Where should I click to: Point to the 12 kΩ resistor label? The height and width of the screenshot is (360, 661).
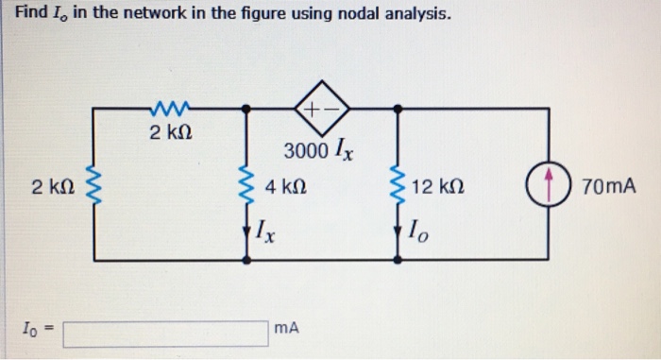point(436,186)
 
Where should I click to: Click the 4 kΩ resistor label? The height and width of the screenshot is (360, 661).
point(285,186)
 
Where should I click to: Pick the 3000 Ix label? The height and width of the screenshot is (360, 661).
point(317,151)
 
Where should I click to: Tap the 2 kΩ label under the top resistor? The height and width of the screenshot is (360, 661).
point(171,132)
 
